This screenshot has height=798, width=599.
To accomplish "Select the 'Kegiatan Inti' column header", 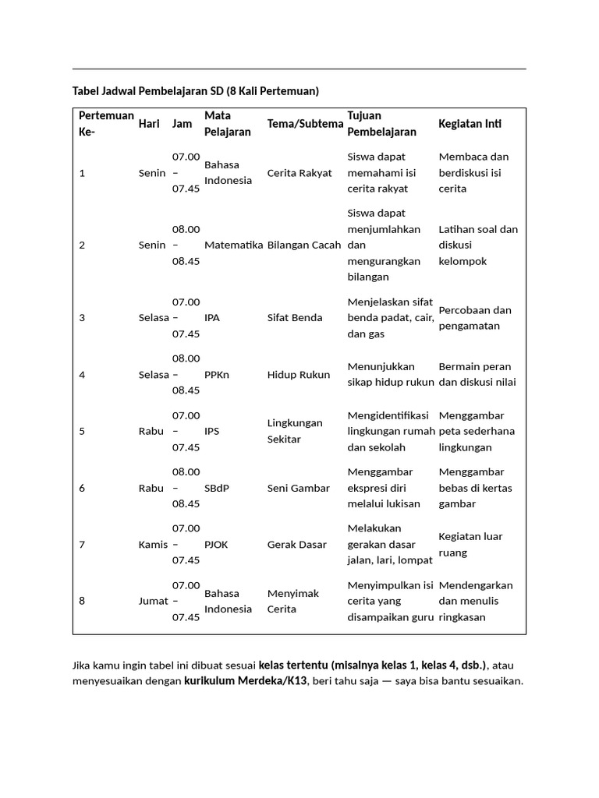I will (470, 124).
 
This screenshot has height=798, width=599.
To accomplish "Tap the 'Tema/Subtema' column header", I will (305, 124).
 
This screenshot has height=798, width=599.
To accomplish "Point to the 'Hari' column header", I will (149, 124).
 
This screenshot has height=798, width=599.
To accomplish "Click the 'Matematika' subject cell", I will (233, 245).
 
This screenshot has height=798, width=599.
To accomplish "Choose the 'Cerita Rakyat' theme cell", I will (299, 173).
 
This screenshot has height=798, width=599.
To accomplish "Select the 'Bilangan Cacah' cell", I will (304, 245).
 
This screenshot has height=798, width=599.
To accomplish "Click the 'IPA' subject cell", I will (212, 318).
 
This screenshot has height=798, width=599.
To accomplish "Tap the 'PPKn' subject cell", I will (216, 375).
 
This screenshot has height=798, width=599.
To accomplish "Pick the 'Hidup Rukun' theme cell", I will (298, 375).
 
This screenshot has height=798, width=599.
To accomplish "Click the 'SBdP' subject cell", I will (217, 489).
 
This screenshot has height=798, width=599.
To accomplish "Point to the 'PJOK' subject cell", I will (216, 545).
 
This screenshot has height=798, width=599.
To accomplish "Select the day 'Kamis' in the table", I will (153, 545).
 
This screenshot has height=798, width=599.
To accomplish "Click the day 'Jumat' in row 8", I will (153, 601).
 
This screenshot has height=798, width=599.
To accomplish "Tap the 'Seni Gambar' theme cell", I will (298, 489).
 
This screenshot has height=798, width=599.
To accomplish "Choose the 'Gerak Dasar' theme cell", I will (297, 545).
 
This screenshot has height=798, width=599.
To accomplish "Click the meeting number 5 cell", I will (82, 431).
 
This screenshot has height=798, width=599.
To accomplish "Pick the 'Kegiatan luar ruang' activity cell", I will (470, 545).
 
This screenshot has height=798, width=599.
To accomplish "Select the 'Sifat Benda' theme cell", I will (295, 318).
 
